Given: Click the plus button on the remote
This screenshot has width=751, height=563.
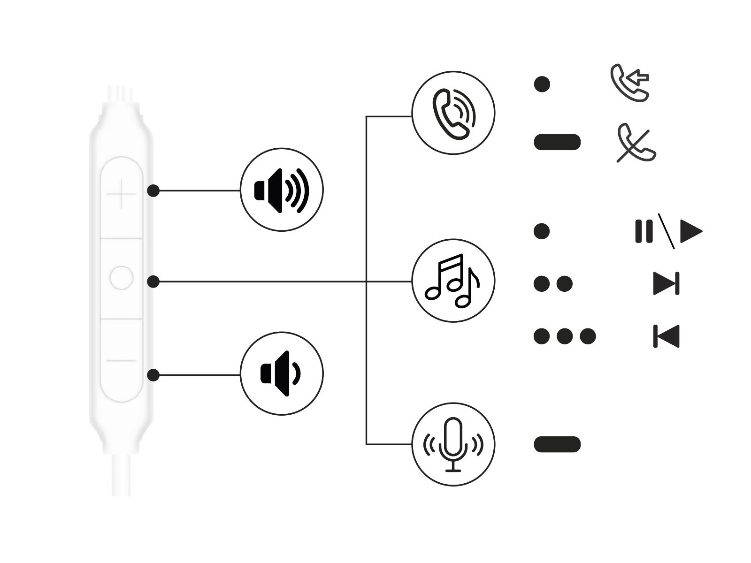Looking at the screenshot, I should click(122, 193).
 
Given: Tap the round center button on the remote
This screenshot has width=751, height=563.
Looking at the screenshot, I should click(122, 278).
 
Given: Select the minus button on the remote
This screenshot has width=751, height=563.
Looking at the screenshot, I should click(122, 361).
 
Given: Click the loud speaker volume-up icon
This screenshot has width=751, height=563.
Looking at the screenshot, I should click(282, 190).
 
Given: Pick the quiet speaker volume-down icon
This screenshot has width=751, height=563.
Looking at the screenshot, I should click(282, 374).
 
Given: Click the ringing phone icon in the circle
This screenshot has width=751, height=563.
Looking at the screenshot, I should click(453, 113).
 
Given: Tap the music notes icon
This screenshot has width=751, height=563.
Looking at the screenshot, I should click(453, 281).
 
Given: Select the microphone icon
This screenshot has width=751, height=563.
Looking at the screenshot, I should click(453, 444).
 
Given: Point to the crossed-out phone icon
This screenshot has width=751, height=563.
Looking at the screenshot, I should click(636, 143).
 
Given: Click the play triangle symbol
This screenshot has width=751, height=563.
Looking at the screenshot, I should click(690, 231).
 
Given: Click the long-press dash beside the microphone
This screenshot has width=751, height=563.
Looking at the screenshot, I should click(557, 444).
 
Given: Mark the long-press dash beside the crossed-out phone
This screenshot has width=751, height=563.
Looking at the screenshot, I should click(557, 142).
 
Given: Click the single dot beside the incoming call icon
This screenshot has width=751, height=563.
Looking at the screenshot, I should click(542, 84).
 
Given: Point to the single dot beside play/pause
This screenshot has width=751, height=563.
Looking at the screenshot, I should click(542, 231).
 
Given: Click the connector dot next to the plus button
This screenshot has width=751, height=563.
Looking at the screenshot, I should click(153, 190).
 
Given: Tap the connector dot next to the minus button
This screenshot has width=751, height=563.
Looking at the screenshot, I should click(153, 375).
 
